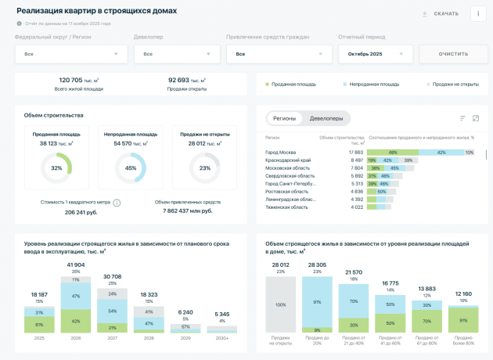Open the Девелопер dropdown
(175, 54)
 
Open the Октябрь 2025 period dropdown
(375, 54)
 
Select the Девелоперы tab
(326, 118)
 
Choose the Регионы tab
(285, 118)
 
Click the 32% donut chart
(56, 168)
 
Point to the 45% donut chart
(131, 168)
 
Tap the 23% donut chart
(205, 168)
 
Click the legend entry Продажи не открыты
(449, 84)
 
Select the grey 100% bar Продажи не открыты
(280, 304)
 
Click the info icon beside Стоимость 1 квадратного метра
(117, 203)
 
